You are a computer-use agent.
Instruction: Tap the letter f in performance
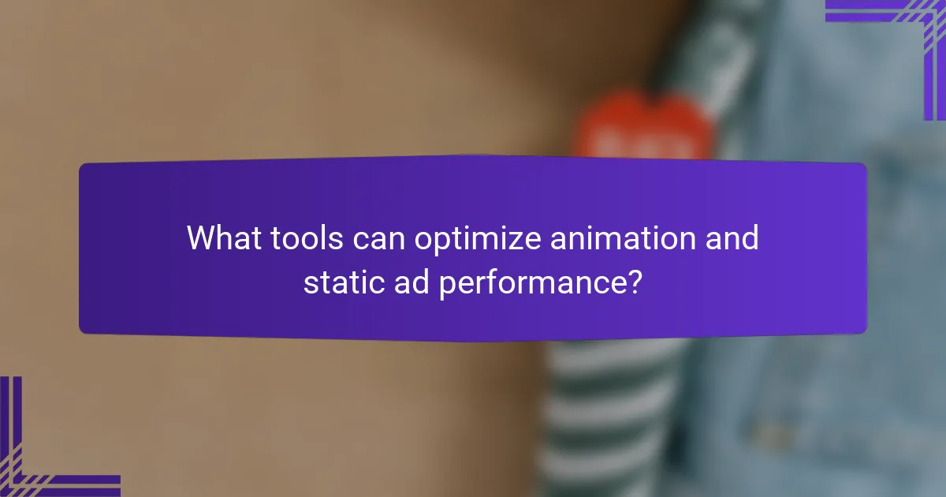pos(491,282)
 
